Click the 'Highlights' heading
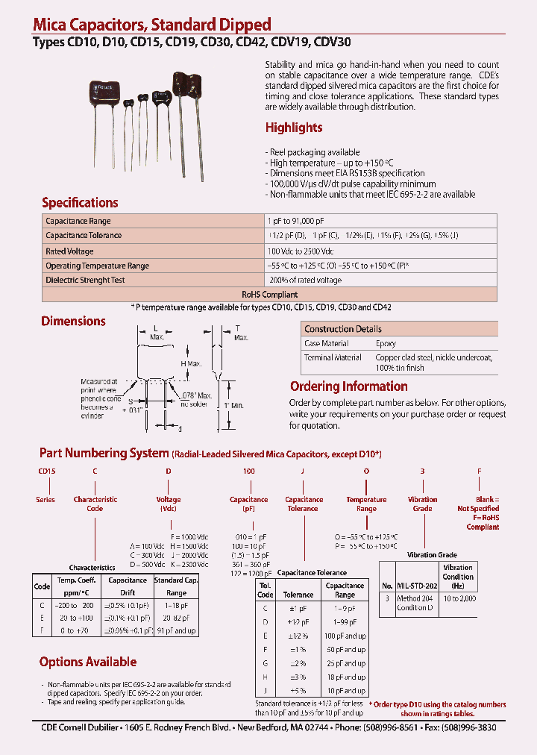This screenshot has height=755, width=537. (x=294, y=128)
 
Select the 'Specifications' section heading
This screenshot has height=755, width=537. (x=80, y=203)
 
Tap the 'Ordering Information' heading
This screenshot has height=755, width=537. (x=348, y=386)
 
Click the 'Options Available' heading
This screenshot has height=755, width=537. (x=88, y=662)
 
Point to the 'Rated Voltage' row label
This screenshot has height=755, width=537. (x=69, y=251)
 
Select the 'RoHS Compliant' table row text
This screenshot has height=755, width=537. (x=268, y=295)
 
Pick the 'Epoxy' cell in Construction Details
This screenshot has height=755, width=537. (x=386, y=344)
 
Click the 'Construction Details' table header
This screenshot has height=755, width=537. (x=343, y=329)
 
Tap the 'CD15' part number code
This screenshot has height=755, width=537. (x=47, y=472)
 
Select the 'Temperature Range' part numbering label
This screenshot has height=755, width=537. (x=366, y=504)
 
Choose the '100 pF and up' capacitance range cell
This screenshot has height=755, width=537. (x=345, y=636)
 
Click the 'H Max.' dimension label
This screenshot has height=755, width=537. (x=192, y=363)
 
